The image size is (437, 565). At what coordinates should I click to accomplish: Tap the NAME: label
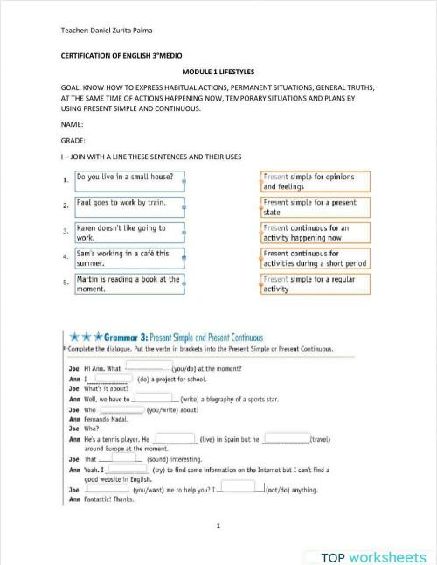tap(73, 124)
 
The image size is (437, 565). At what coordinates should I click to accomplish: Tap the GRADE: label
tap(73, 140)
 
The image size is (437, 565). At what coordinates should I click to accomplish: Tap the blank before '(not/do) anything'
tap(238, 486)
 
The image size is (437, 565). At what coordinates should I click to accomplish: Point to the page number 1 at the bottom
tap(218, 525)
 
